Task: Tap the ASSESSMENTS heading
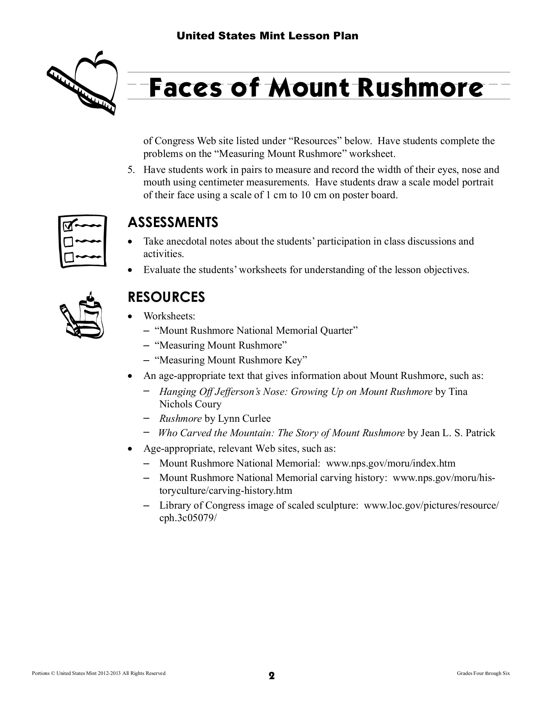173,222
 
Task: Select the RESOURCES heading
166,297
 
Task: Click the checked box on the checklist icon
68,225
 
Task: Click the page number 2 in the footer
272,676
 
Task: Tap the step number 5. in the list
131,170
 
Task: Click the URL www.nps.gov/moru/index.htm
390,463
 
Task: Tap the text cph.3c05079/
187,518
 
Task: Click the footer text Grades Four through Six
483,673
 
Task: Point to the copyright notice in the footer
98,673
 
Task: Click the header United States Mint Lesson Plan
267,36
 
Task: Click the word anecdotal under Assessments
182,241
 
